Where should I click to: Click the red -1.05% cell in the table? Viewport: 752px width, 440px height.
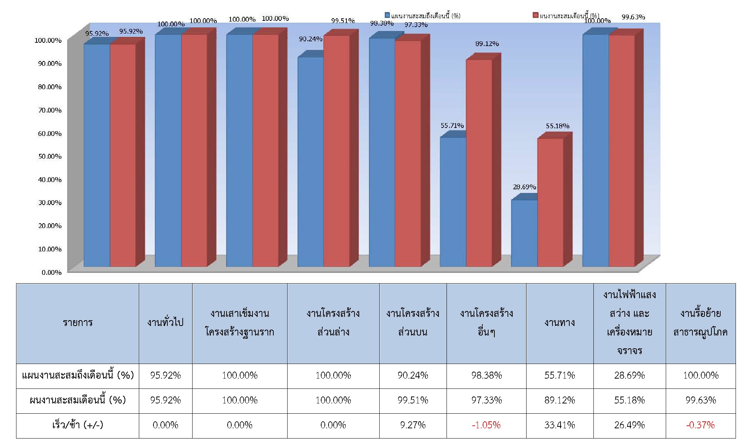(486, 425)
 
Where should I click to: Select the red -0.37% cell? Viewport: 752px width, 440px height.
(700, 425)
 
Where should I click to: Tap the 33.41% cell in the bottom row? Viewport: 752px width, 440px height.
(559, 425)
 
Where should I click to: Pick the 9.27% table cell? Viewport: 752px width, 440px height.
(413, 425)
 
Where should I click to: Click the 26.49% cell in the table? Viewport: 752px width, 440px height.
(629, 425)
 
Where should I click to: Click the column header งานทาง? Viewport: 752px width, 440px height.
(559, 323)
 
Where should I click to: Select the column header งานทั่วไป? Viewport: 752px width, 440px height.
(165, 323)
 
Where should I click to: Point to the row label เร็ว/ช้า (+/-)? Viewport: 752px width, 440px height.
(77, 425)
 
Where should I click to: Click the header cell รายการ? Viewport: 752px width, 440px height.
(77, 323)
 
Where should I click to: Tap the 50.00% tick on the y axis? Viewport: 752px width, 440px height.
(50, 156)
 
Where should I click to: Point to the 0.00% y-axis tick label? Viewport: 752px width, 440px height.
(52, 273)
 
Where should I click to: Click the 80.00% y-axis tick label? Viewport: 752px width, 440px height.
(50, 87)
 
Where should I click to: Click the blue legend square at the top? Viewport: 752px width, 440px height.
(387, 15)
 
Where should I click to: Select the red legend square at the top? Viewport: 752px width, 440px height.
(536, 15)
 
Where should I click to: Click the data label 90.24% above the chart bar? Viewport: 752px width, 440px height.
(311, 39)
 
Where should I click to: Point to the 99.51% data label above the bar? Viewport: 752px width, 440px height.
(343, 21)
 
